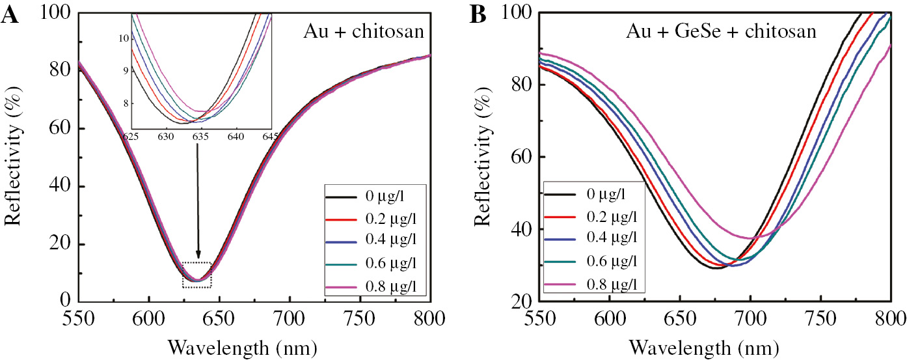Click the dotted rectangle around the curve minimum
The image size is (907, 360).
tap(197, 275)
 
